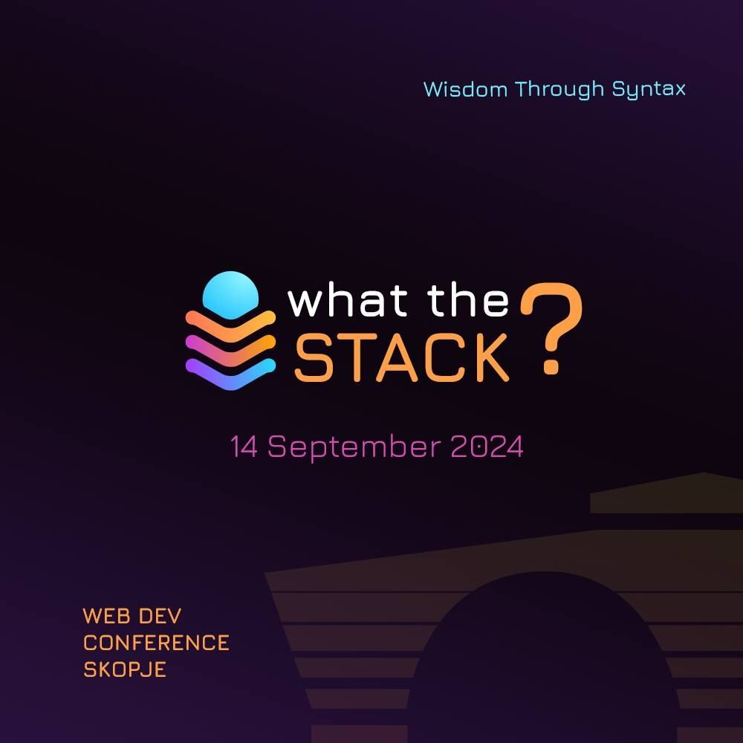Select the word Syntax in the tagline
coord(649,89)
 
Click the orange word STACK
coord(402,357)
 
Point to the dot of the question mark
coord(551,366)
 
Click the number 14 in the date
coord(244,447)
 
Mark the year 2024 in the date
coord(487,447)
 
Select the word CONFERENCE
coord(156,643)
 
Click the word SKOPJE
coord(124,669)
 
